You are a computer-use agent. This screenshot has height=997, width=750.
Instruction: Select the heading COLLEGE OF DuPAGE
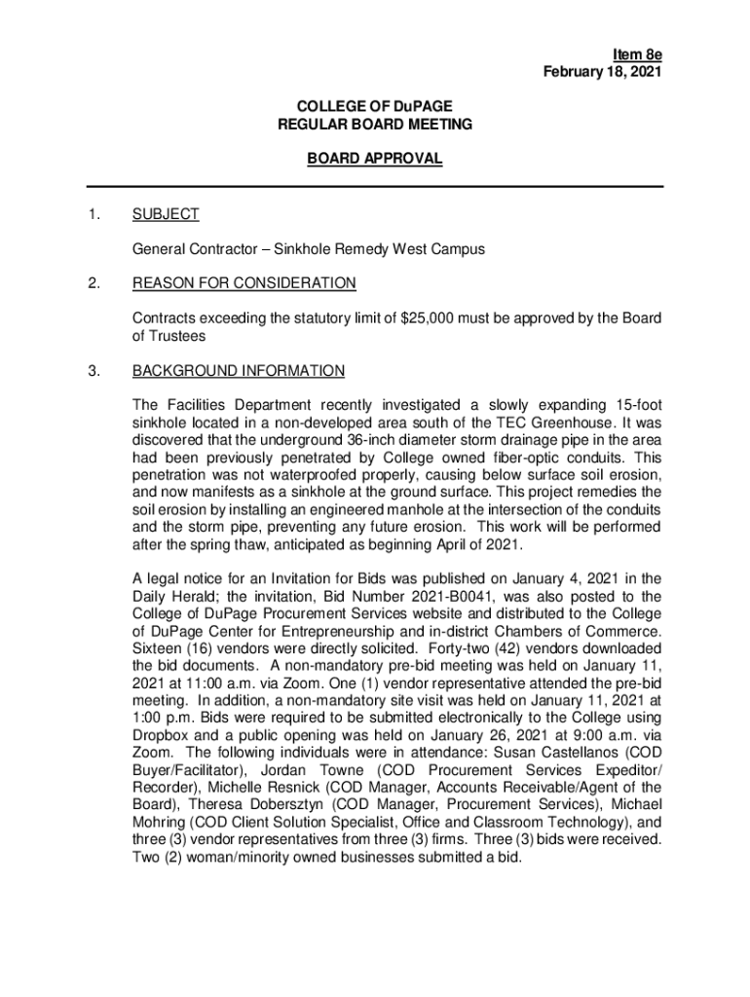coord(374,106)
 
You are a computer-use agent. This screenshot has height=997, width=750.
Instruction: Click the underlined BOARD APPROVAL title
coord(375,159)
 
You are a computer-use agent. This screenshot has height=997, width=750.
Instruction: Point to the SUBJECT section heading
coord(166,214)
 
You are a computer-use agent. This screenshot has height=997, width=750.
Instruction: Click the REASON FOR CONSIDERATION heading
coord(244,283)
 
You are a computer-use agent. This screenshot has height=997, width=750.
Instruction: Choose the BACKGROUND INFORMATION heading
coord(238,371)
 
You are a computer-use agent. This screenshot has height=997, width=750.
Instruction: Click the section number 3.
coord(93,371)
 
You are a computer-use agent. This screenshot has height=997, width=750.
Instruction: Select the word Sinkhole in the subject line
coord(303,249)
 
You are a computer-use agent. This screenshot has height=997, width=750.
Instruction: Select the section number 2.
coord(93,283)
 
